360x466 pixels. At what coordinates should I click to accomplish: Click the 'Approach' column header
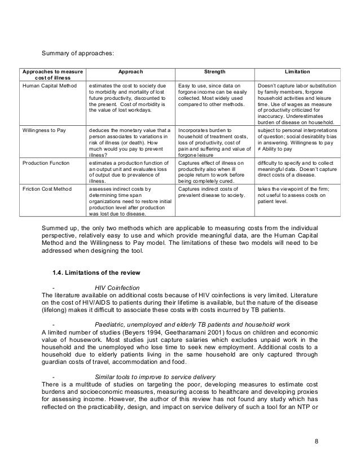click(x=130, y=73)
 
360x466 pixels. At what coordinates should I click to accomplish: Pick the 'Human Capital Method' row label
click(x=48, y=85)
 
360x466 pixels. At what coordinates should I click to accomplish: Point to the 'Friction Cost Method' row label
click(x=47, y=189)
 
